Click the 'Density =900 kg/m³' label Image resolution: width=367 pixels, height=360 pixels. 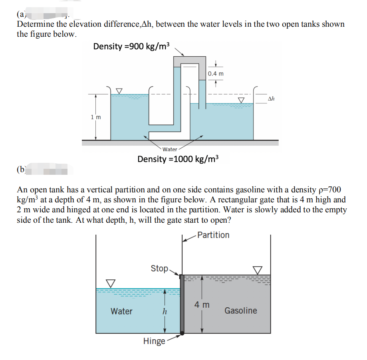pos(131,46)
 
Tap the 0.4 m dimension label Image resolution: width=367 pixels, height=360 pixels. pos(216,73)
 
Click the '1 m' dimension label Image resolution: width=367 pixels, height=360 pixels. pos(96,117)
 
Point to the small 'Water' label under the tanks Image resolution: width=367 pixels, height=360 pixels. pos(170,149)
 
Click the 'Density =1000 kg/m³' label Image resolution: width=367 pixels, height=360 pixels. pos(178,159)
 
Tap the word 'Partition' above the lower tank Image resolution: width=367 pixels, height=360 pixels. pos(213,235)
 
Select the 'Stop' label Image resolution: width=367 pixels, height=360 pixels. pos(159,268)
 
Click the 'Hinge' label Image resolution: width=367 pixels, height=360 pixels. pos(154,341)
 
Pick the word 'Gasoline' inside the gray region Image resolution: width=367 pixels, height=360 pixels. pos(241,310)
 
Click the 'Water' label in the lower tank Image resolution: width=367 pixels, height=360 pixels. pos(121,311)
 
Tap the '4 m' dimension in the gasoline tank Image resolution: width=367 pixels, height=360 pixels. pos(202,305)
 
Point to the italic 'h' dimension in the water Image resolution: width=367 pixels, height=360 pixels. pos(164,312)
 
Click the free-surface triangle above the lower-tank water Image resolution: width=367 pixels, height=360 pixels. pos(109,283)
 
